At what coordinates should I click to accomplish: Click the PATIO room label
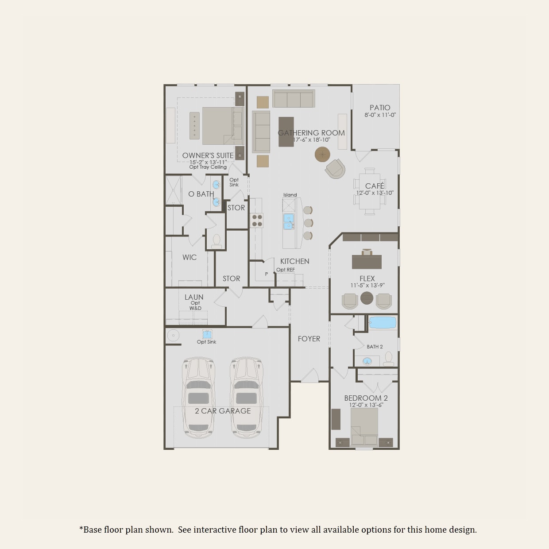(x=380, y=108)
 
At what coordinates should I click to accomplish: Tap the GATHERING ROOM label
(x=311, y=133)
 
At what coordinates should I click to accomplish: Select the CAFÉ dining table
(x=370, y=191)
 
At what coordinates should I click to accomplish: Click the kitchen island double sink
(x=289, y=222)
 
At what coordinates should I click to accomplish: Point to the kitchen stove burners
(x=257, y=220)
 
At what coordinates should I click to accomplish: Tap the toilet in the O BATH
(x=217, y=240)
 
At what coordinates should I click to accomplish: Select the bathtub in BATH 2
(x=383, y=322)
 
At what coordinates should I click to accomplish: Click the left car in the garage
(x=199, y=398)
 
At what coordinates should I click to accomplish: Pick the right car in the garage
(x=247, y=398)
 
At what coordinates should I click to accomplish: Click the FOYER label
(x=309, y=339)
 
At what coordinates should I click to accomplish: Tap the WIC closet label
(x=189, y=257)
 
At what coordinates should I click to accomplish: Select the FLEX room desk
(x=367, y=261)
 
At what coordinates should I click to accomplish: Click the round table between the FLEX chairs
(x=367, y=298)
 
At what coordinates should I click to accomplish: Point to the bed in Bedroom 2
(x=364, y=427)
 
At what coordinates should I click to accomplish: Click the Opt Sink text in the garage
(x=206, y=342)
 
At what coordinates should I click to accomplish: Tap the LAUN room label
(x=194, y=297)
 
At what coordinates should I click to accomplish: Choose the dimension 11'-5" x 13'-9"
(x=367, y=286)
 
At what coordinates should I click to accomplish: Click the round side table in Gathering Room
(x=322, y=155)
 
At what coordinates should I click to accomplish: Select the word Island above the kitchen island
(x=290, y=195)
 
